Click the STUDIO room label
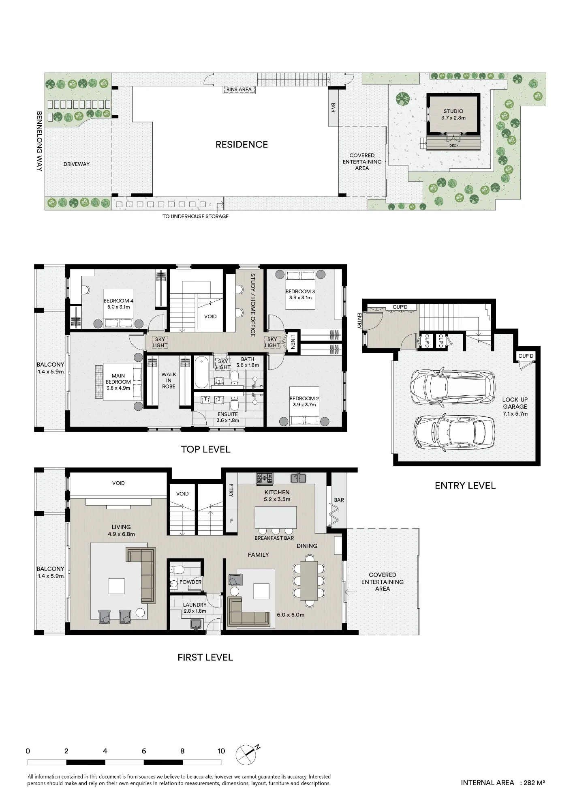453,111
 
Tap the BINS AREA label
239,90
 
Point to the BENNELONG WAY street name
39,141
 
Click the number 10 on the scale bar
221,751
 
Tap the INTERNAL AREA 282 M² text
503,783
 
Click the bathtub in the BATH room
201,372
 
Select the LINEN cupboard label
292,341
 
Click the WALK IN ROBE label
169,380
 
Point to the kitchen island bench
276,517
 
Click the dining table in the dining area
310,581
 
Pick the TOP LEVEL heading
205,449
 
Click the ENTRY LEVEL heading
465,486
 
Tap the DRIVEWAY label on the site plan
77,164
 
